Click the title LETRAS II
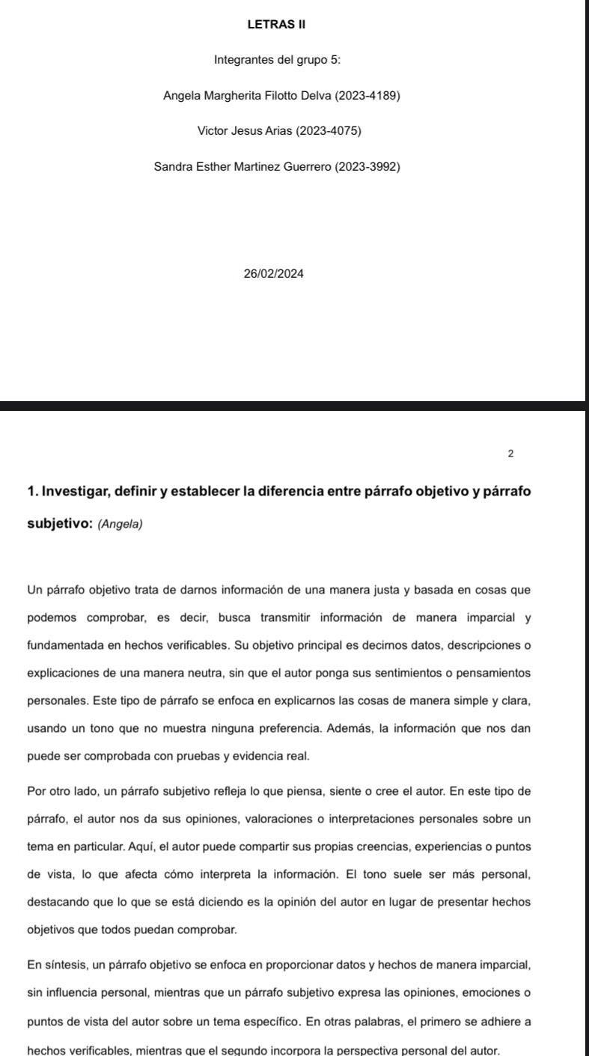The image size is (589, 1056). pos(276,25)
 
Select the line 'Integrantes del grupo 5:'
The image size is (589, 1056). pos(277,60)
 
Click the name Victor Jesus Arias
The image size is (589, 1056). pos(245,131)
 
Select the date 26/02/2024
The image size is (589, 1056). pos(274,274)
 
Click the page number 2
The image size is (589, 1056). pos(510,454)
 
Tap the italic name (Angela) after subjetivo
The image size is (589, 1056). pos(120,525)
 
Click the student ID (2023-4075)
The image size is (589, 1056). pos(329,131)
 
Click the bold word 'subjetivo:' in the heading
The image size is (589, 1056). pos(60,524)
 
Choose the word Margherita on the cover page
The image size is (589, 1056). pos(231,96)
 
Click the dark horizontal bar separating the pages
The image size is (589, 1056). pos(292,406)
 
